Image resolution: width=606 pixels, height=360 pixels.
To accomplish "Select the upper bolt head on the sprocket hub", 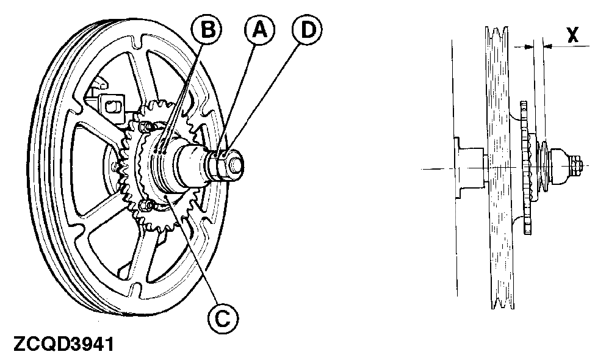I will click(x=145, y=126).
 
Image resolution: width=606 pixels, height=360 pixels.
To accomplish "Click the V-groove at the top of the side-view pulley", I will click(x=499, y=34).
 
